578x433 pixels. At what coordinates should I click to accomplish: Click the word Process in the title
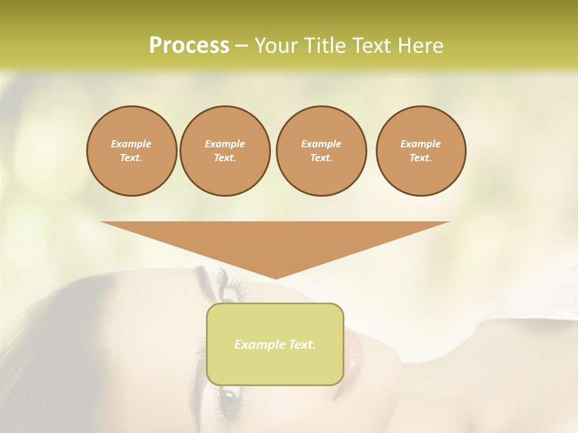(x=189, y=46)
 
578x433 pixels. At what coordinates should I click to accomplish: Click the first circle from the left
(x=131, y=151)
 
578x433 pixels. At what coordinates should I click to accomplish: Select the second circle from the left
(x=225, y=151)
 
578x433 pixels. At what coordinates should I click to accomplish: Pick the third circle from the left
(x=321, y=151)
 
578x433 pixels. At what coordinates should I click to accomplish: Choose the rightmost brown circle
(x=420, y=151)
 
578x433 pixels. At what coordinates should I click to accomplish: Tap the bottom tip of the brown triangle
(x=275, y=277)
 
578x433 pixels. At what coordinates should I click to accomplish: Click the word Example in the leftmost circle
(x=131, y=144)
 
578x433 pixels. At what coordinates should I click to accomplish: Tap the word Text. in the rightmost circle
(x=420, y=158)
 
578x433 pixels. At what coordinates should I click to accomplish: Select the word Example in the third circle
(x=321, y=144)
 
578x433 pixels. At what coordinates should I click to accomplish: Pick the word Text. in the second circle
(x=225, y=158)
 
